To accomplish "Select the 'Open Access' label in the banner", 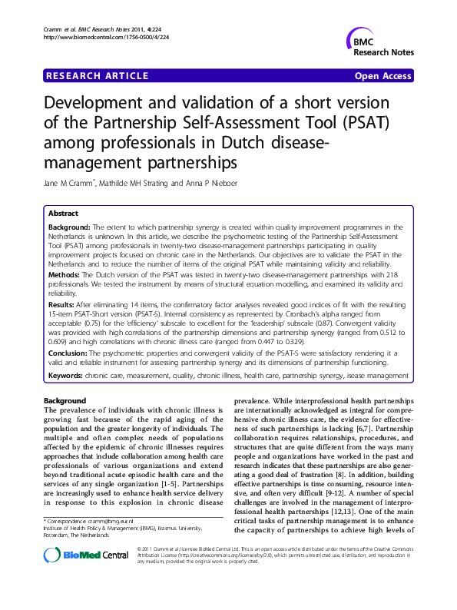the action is coord(382,76).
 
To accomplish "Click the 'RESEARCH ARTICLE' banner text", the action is coord(98,76).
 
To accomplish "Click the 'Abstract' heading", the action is coord(62,213).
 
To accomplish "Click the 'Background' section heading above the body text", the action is coord(65,402).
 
